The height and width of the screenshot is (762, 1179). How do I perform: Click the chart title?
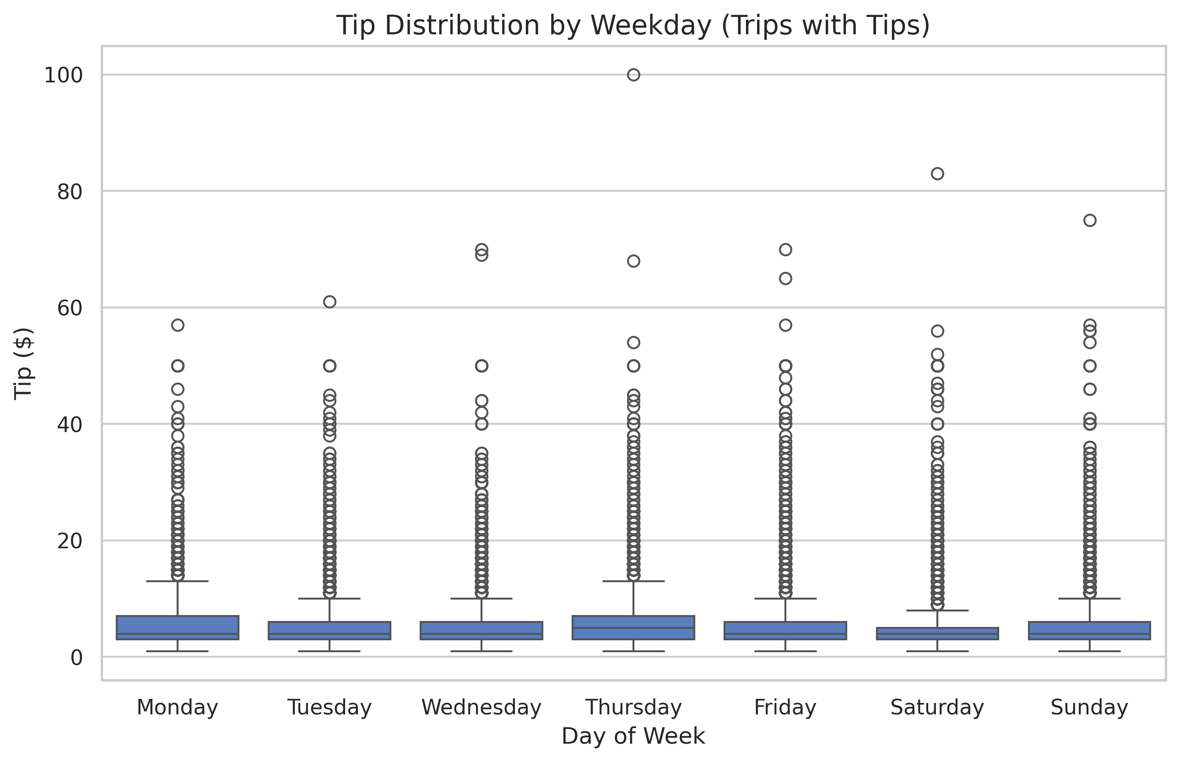tap(633, 26)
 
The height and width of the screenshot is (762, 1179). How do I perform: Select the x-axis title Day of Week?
tap(633, 736)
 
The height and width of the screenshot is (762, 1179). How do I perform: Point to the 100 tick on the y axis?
tap(63, 76)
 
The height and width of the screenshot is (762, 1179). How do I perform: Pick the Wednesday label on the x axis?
tap(481, 707)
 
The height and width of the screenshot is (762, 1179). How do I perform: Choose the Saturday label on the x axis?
tap(936, 707)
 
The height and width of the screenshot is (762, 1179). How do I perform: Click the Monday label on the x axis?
tap(177, 707)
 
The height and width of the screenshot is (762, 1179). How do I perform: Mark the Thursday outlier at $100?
tap(633, 75)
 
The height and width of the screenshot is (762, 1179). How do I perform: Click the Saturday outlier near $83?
tap(937, 173)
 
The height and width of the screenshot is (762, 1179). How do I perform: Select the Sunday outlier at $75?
tap(1089, 220)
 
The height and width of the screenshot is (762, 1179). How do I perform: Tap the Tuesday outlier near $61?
tap(330, 302)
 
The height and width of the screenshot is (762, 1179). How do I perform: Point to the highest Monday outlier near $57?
tap(178, 325)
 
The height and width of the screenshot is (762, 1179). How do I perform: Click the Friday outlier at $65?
tap(785, 279)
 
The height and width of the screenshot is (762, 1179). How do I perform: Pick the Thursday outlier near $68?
tap(633, 261)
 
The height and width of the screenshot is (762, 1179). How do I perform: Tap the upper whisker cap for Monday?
tap(178, 581)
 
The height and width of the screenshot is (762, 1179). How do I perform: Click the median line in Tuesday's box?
tap(330, 633)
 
